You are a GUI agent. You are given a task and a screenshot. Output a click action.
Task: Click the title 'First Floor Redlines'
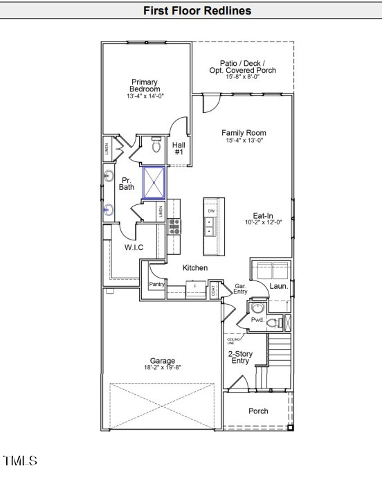pos(197,10)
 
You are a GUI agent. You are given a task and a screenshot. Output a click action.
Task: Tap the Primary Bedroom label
pos(145,86)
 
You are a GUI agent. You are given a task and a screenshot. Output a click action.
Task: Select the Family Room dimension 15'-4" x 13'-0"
pos(244,141)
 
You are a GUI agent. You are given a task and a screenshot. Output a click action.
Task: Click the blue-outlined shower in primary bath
pos(154,182)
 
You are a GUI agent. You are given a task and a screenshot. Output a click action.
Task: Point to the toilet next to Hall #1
pos(156,146)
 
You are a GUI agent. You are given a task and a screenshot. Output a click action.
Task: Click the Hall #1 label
pos(179,148)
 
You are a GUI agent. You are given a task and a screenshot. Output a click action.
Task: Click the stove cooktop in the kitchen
pos(174,226)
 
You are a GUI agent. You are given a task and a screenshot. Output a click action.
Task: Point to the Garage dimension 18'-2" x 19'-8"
pos(163,368)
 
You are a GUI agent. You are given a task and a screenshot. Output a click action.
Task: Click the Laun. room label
pos(278,285)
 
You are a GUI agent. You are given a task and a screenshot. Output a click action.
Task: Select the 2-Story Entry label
pos(240,357)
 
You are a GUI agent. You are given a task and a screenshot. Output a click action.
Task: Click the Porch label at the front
pos(258,411)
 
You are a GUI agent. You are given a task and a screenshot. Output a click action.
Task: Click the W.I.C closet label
pos(134,247)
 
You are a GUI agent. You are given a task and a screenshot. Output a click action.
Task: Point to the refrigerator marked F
pos(195,285)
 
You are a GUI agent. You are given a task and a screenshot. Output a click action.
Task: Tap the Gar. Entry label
pos(241,288)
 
